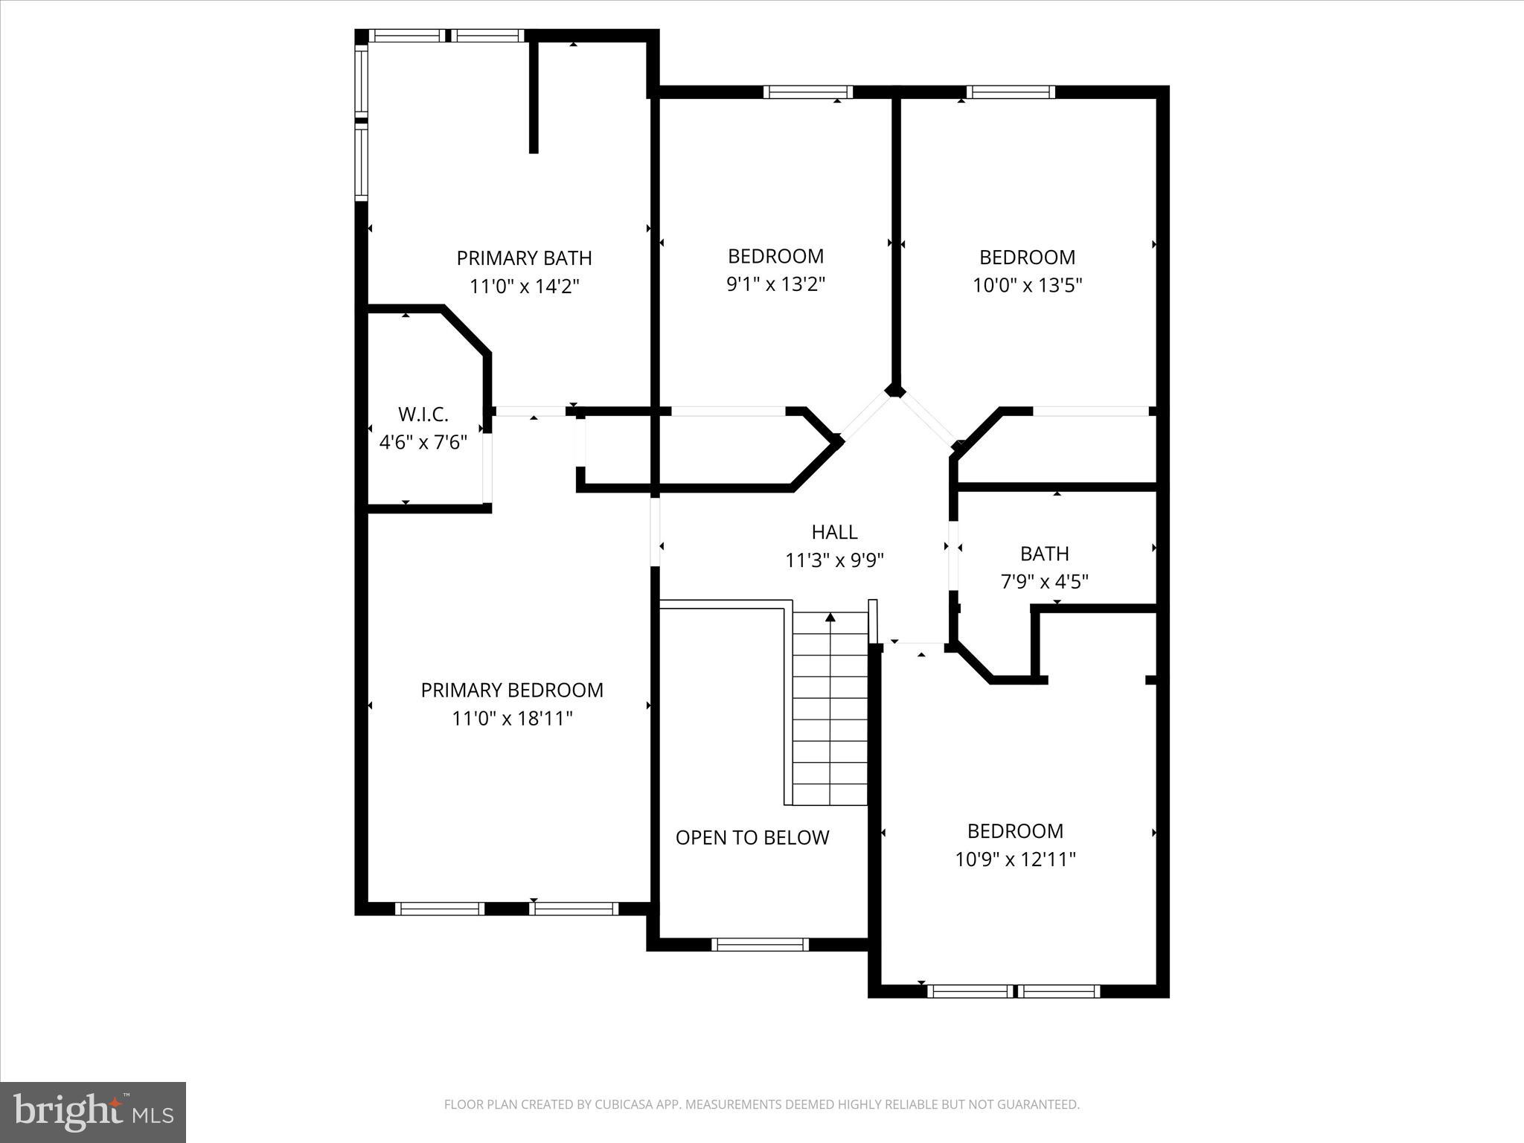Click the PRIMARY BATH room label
click(x=524, y=258)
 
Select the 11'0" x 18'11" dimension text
click(x=512, y=719)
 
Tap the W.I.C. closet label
click(x=423, y=414)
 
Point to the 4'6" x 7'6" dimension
click(x=423, y=443)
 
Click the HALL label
click(x=834, y=532)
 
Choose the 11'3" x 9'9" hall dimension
click(x=834, y=560)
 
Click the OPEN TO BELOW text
click(x=752, y=838)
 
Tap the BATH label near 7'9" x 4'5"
click(x=1044, y=554)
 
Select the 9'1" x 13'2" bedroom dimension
click(x=775, y=284)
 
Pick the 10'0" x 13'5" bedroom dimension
click(x=1027, y=285)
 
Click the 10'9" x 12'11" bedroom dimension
click(x=1015, y=860)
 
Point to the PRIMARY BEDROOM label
click(x=512, y=691)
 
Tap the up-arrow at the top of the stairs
click(x=830, y=617)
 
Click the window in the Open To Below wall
click(x=760, y=944)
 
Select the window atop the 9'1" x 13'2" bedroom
click(x=807, y=92)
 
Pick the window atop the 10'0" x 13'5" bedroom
click(x=1011, y=92)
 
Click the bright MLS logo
click(x=93, y=1112)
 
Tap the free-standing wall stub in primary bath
click(x=534, y=97)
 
